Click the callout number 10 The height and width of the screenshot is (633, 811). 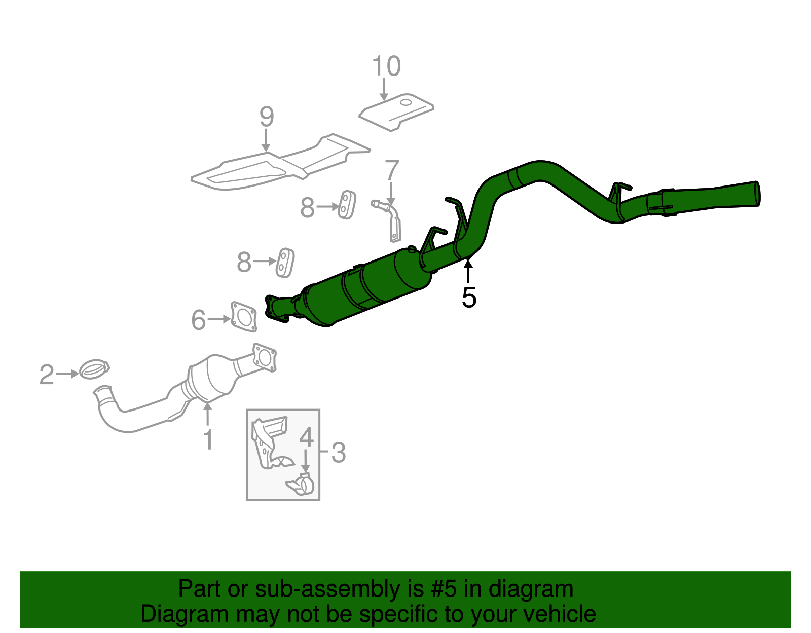tap(386, 66)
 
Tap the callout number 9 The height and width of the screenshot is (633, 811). tap(267, 117)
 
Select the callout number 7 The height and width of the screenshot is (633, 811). tap(392, 170)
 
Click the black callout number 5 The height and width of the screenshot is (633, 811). tap(469, 297)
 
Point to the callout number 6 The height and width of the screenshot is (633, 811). tap(199, 320)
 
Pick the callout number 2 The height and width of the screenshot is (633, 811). tap(47, 375)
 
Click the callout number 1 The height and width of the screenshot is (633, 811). tap(208, 439)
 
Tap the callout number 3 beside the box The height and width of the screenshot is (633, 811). tap(338, 452)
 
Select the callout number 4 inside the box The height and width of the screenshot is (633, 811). tap(306, 437)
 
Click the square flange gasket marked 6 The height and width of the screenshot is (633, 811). tap(244, 318)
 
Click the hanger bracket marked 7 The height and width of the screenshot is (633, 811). tap(392, 220)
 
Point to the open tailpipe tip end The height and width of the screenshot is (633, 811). tap(757, 194)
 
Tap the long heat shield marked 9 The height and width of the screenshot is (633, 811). tap(279, 165)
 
